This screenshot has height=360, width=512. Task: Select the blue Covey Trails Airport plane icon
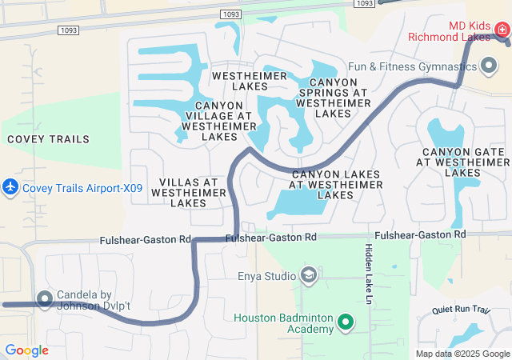click(10, 187)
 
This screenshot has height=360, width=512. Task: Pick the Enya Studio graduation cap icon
click(309, 276)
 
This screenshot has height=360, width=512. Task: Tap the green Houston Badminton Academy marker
click(346, 322)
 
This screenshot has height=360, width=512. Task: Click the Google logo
click(26, 350)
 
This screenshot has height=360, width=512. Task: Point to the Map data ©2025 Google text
click(462, 354)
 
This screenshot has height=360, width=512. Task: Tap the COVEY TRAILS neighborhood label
click(48, 139)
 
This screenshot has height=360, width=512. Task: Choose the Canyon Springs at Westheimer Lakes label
click(332, 98)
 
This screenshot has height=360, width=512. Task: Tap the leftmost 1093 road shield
click(67, 30)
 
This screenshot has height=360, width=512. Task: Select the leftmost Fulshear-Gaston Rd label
click(146, 240)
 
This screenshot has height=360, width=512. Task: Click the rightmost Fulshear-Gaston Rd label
click(420, 235)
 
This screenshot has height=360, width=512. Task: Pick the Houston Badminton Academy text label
click(284, 323)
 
